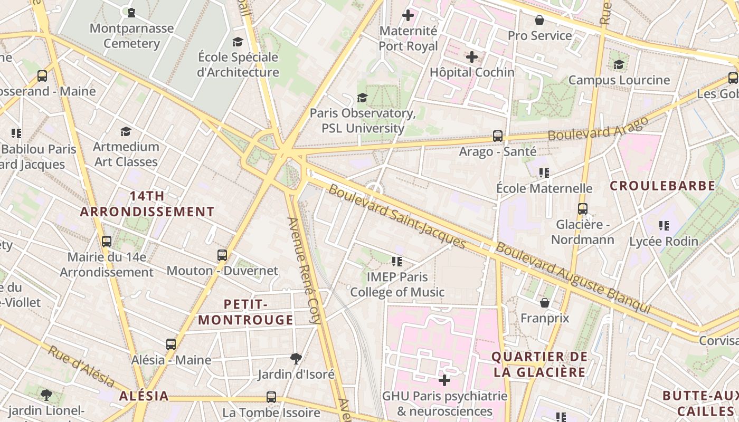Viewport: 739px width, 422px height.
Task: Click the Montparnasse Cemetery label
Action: pos(131,36)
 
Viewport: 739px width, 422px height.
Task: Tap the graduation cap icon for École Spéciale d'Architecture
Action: pos(238,42)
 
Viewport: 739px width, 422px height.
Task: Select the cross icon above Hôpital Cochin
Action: pos(472,57)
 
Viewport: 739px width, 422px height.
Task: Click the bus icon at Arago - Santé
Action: pos(497,136)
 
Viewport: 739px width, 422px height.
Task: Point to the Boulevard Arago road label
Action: pos(598,128)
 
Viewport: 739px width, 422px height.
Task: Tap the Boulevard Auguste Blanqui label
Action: pos(573,278)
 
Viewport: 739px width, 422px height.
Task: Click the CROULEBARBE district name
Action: pos(662,186)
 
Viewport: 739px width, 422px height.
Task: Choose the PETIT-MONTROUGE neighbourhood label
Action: pos(246,312)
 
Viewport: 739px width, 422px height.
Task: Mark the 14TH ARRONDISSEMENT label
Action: pos(147,204)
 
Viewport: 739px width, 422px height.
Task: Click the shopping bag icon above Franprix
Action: pos(544,303)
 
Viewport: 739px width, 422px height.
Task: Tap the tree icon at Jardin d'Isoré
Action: pos(296,359)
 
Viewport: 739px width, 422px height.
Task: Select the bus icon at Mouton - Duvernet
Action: pos(222,255)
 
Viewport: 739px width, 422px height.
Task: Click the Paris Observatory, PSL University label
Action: pos(363,121)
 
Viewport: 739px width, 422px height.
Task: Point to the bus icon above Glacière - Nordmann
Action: pos(582,209)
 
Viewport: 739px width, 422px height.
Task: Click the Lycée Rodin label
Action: pos(664,242)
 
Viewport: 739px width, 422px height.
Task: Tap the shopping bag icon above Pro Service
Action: pos(539,21)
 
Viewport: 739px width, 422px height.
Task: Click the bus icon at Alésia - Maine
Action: pos(171,344)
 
